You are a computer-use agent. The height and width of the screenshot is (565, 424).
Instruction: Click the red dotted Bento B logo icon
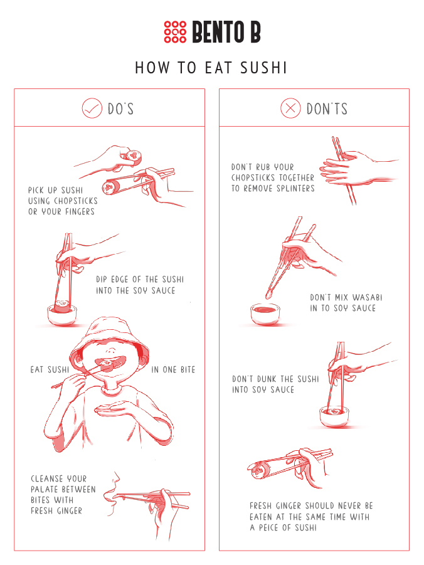(x=175, y=32)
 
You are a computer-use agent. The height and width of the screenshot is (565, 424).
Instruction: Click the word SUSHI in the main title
(x=263, y=68)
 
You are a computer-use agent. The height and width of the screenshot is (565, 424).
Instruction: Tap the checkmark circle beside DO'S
(x=92, y=108)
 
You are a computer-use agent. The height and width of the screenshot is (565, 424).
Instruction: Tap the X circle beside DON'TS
(x=290, y=108)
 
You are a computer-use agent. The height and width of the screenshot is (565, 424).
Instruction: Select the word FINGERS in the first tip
(x=80, y=212)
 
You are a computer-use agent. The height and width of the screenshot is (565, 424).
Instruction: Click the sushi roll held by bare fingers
(x=134, y=156)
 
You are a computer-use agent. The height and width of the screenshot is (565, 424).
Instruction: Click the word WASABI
(x=367, y=298)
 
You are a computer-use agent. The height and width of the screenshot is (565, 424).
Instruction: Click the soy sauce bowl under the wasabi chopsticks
(x=265, y=314)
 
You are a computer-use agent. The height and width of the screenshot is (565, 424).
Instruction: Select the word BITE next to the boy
(x=188, y=370)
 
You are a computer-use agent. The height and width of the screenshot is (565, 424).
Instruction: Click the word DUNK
(x=267, y=379)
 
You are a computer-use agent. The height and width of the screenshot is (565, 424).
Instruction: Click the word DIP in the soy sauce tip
(x=102, y=280)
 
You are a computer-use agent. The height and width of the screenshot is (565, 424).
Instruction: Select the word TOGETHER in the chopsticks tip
(x=297, y=177)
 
